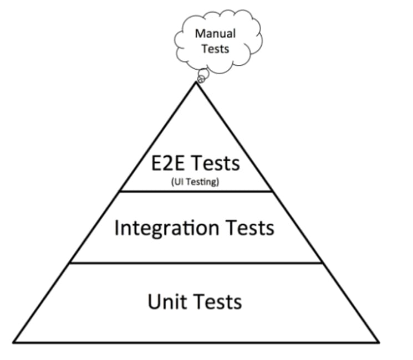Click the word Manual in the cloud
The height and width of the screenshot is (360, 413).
pos(215,33)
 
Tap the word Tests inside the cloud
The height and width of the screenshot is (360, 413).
pos(215,49)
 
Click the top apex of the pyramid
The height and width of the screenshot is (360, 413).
pos(196,82)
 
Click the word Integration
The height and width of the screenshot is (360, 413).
pos(166,228)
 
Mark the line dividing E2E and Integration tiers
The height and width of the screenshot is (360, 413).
pos(196,192)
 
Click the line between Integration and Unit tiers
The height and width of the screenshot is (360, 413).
pos(196,263)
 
